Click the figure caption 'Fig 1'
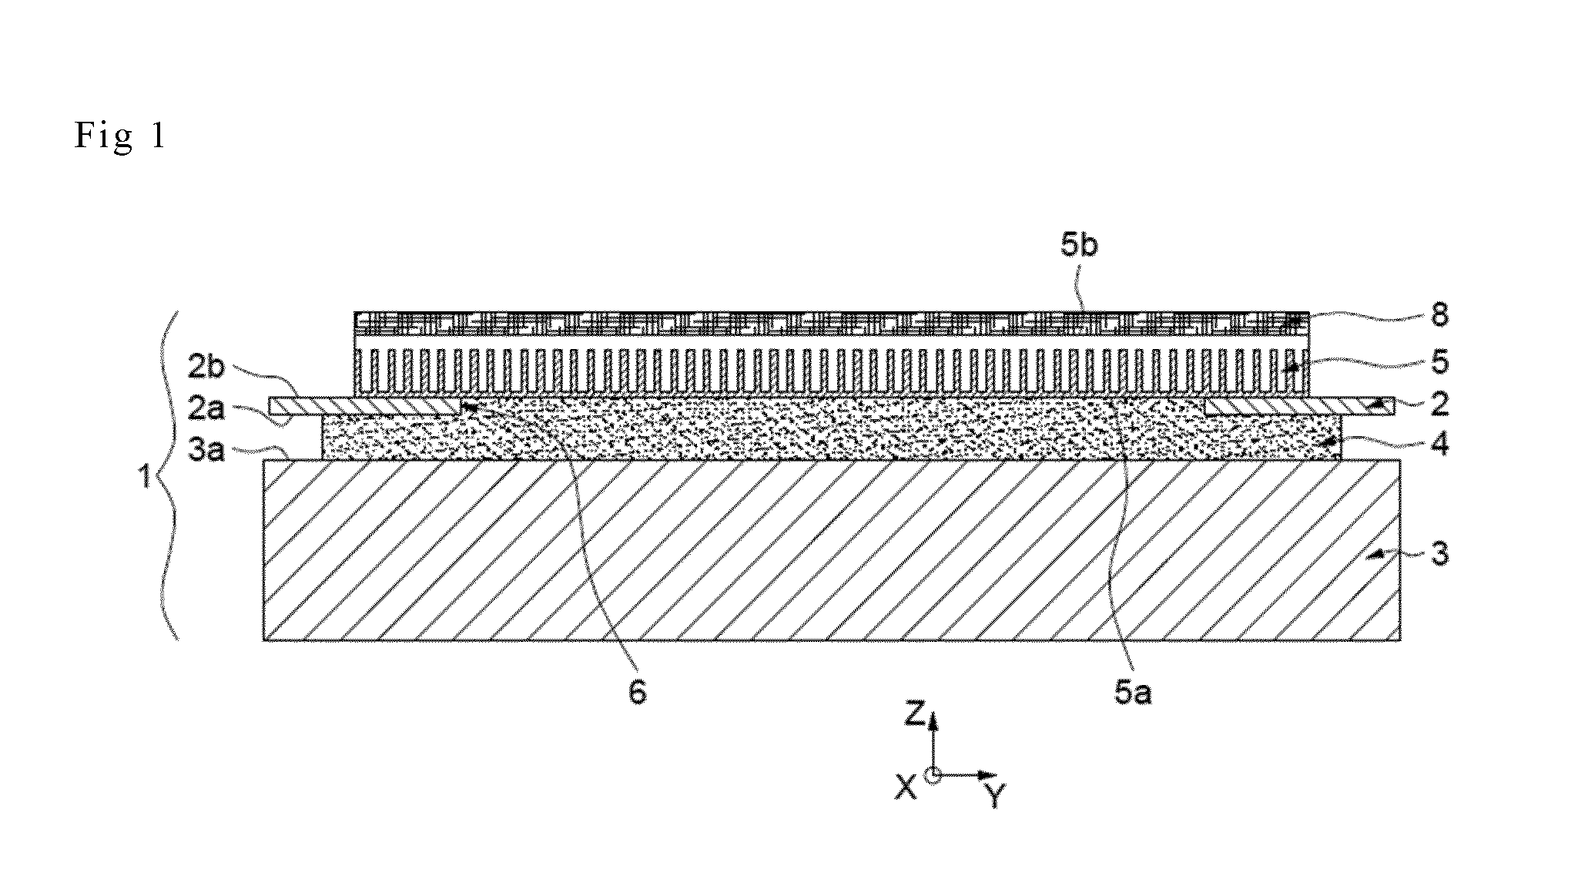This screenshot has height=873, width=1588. click(120, 136)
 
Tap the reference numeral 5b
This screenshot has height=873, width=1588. click(1079, 245)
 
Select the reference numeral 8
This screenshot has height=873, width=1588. click(1439, 314)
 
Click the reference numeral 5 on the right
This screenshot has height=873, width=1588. click(1439, 362)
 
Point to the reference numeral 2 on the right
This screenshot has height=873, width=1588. click(1439, 403)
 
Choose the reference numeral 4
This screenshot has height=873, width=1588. click(1439, 445)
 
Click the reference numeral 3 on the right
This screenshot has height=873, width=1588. click(1439, 553)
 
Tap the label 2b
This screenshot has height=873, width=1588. click(206, 368)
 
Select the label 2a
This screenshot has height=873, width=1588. click(206, 408)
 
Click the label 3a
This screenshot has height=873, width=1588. click(206, 449)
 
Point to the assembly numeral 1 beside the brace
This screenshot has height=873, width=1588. click(144, 478)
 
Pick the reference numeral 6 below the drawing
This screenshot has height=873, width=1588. click(638, 693)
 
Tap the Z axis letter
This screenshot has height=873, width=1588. click(914, 714)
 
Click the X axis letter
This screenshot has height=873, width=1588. click(906, 786)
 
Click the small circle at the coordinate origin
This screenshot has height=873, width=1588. click(933, 774)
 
